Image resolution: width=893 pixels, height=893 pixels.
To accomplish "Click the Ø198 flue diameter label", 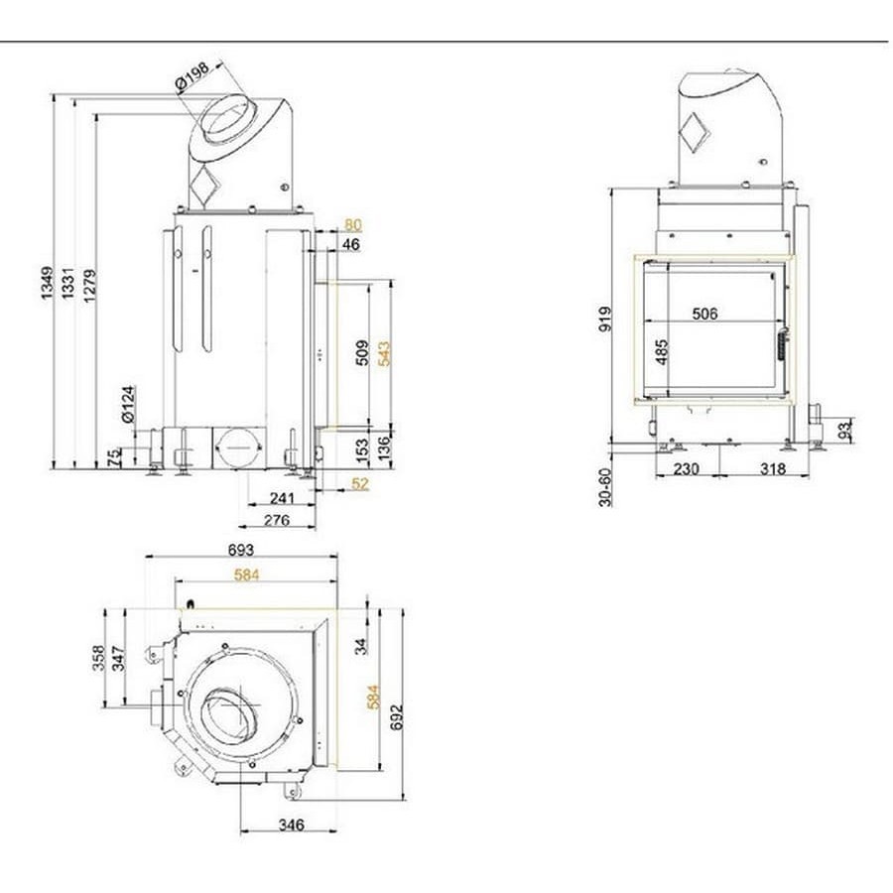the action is point(192,76).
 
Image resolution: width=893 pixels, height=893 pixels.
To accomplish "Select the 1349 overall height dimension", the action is point(47,283).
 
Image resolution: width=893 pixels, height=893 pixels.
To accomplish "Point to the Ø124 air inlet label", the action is point(129,404).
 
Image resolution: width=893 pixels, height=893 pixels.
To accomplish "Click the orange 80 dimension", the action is point(353,225).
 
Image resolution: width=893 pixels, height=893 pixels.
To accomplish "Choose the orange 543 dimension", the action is point(384,353).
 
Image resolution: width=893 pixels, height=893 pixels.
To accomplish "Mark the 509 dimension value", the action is point(362,353).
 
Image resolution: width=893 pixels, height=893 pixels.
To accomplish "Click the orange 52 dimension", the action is point(360,483).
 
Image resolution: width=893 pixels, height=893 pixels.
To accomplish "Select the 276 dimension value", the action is point(277,520).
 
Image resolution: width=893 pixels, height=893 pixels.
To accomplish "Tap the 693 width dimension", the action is point(241,550).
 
